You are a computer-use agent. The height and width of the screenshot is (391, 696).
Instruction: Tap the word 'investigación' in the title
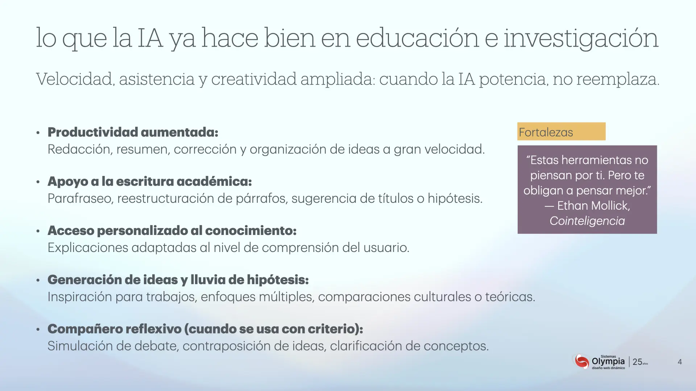pyautogui.click(x=581, y=38)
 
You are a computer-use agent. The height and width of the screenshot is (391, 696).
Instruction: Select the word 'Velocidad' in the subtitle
pyautogui.click(x=75, y=79)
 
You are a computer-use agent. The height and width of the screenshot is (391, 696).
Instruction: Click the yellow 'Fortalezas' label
pyautogui.click(x=561, y=131)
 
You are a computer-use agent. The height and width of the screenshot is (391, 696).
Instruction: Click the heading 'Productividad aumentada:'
pyautogui.click(x=133, y=132)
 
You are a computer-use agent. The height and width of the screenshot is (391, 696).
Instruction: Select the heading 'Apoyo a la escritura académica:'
pyautogui.click(x=150, y=181)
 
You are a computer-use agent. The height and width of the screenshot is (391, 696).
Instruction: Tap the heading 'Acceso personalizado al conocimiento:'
pyautogui.click(x=172, y=231)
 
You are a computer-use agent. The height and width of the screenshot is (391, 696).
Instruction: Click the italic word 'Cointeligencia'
pyautogui.click(x=587, y=221)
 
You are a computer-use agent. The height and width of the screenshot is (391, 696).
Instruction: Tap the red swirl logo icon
pyautogui.click(x=581, y=361)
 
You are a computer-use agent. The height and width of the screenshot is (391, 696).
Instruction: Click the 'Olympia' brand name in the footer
pyautogui.click(x=608, y=362)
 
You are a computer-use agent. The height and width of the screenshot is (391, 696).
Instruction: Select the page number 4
pyautogui.click(x=680, y=362)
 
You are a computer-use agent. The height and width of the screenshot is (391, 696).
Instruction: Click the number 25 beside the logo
pyautogui.click(x=637, y=362)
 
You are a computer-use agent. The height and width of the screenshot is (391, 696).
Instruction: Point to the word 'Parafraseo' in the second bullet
pyautogui.click(x=80, y=198)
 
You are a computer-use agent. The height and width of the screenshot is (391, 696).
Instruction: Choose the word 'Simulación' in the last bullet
pyautogui.click(x=80, y=346)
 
